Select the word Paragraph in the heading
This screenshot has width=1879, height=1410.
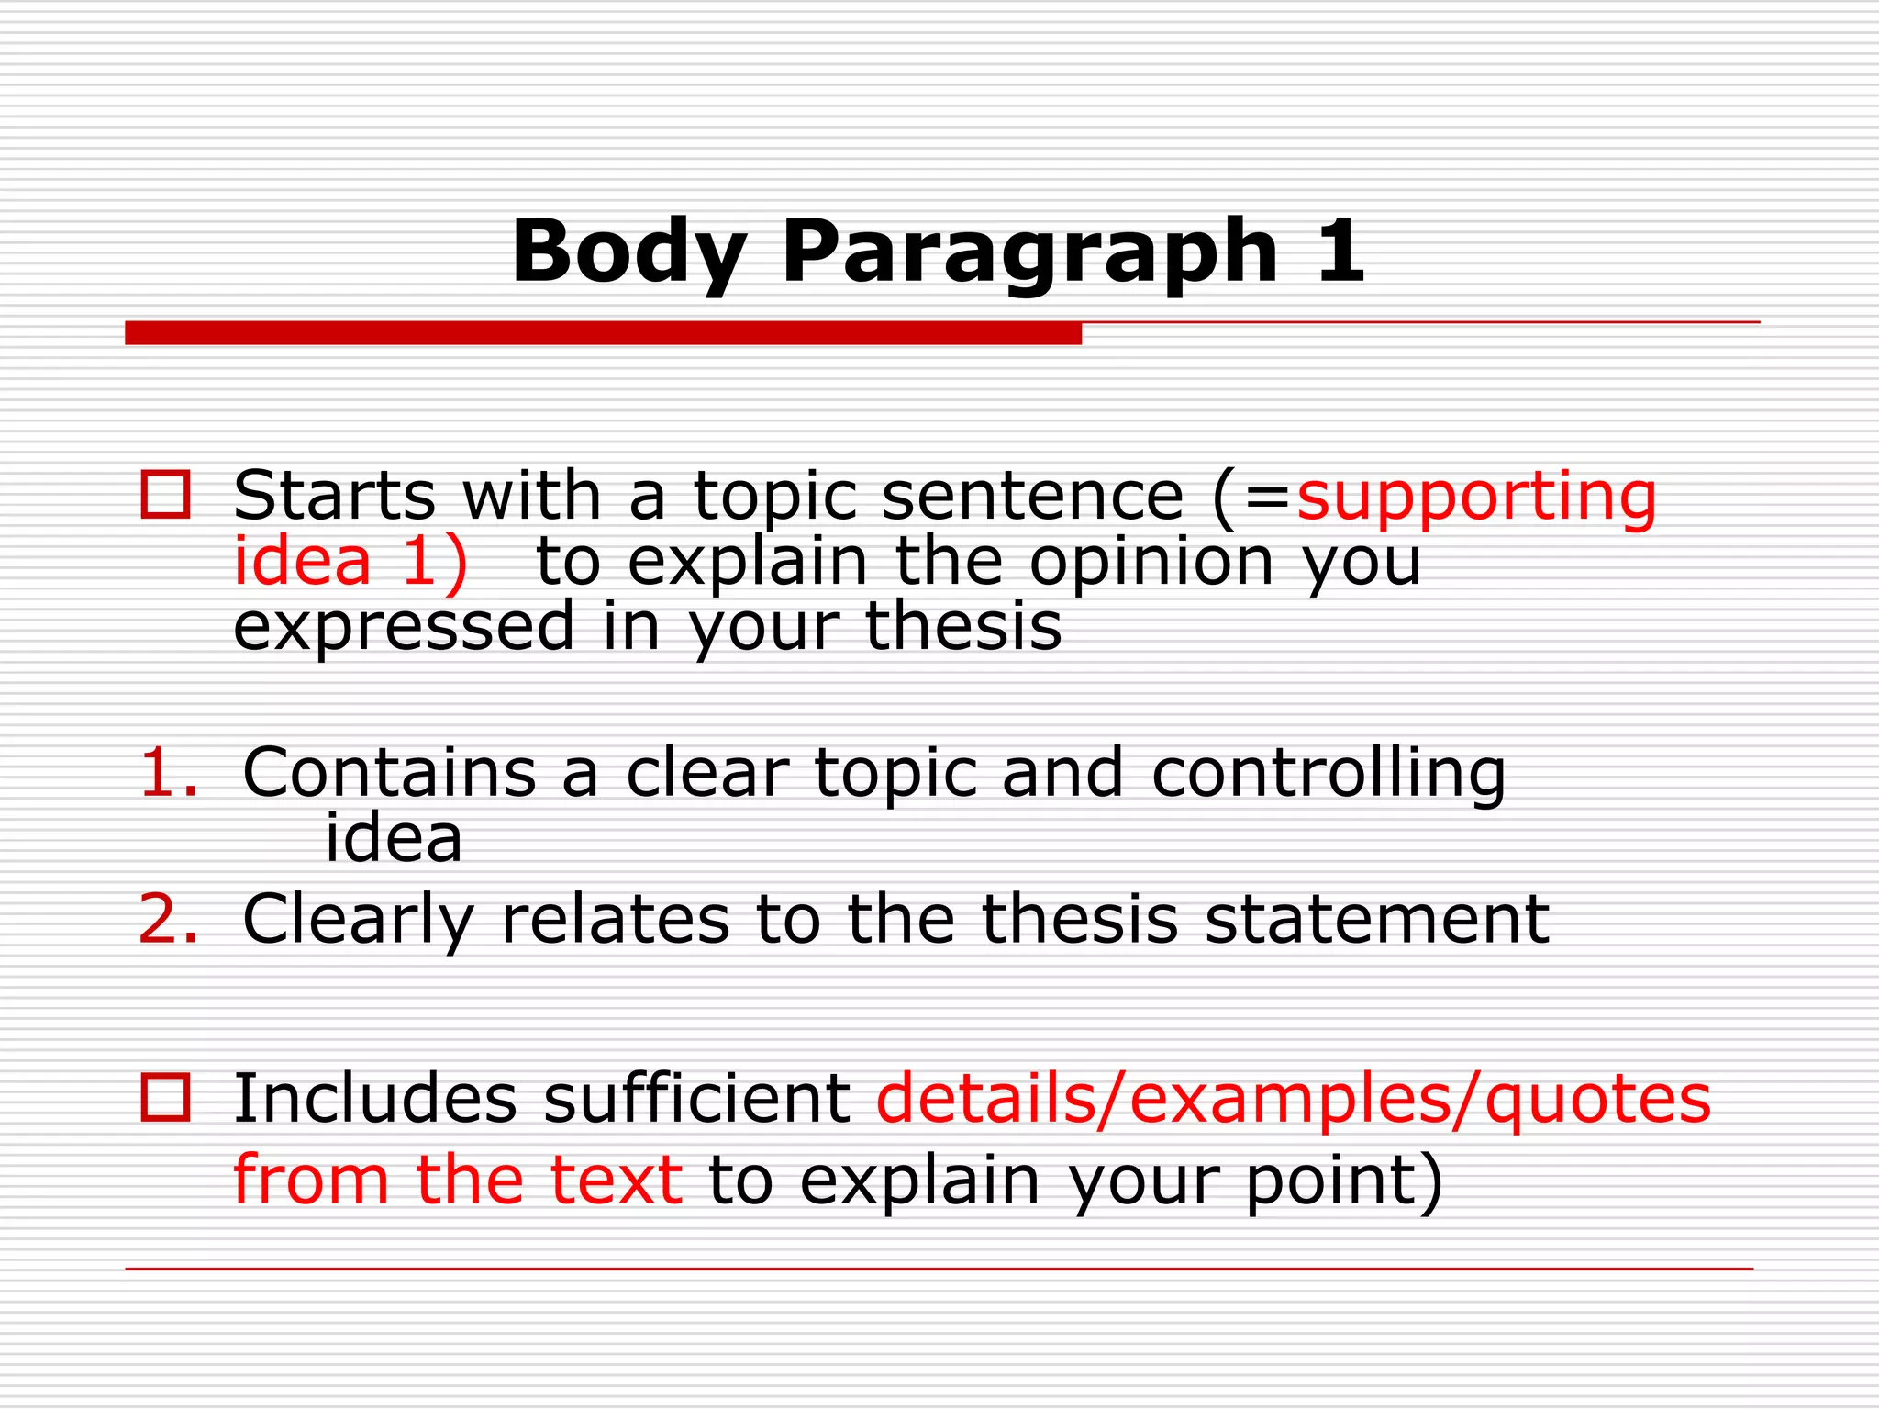point(1029,253)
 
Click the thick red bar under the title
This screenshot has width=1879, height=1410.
point(603,333)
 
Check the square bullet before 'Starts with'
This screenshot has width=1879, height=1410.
point(165,495)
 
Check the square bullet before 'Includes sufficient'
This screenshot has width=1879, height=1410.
point(165,1097)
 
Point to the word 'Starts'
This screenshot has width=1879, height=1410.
point(334,496)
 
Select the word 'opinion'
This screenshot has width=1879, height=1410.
point(1151,562)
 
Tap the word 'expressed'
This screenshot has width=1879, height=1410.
point(404,629)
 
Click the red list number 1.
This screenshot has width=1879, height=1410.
point(168,773)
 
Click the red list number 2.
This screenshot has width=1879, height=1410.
point(168,919)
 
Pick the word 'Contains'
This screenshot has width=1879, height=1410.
point(389,773)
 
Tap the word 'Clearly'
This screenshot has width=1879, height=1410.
point(359,921)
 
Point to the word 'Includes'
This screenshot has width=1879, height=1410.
point(375,1099)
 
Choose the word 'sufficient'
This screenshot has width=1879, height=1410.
point(696,1099)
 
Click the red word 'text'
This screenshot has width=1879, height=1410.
point(616,1180)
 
